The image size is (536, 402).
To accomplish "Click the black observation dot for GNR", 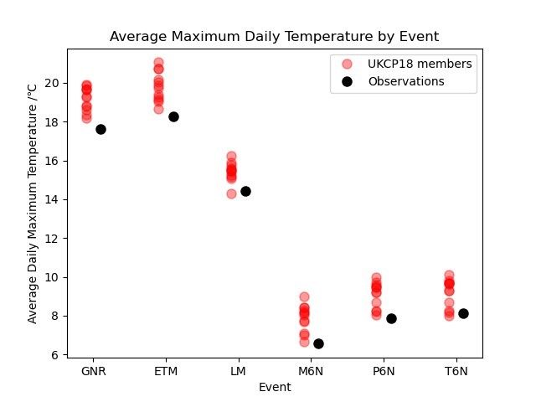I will [100, 129].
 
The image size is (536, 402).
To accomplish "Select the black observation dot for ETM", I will [173, 116].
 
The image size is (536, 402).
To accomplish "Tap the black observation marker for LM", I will [245, 191].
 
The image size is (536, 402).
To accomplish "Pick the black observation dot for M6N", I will [318, 343].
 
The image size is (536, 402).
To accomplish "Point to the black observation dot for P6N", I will [391, 318].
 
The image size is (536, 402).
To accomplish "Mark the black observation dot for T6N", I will [463, 313].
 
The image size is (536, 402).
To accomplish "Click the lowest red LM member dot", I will [231, 193].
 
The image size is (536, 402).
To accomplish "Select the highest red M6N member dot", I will [304, 297].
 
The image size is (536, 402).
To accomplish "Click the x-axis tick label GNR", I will [93, 371].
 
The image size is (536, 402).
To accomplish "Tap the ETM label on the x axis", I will [166, 371].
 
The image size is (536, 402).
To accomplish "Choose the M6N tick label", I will [311, 371].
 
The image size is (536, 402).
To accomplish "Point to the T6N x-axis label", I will [456, 371].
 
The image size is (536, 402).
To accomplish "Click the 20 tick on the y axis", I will [53, 83].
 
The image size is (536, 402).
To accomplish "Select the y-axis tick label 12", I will [53, 239].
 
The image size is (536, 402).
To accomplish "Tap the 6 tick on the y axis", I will [55, 355].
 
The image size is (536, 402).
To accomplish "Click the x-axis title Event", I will [275, 387].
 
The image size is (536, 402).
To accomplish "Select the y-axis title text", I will [33, 203].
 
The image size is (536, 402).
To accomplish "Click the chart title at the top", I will [275, 37].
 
